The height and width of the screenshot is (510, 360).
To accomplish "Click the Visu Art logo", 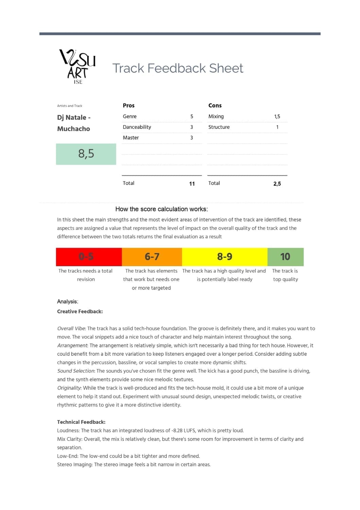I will click(78, 67).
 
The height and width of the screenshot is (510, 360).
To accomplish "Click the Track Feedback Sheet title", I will click(177, 68).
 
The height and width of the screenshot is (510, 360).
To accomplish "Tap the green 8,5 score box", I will click(86, 154).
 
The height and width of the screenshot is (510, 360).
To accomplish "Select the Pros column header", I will click(128, 105).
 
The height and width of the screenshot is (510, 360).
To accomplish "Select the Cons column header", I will click(215, 105).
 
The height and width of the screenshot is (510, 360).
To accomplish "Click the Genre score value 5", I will click(192, 116).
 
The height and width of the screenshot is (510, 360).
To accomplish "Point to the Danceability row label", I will click(137, 127).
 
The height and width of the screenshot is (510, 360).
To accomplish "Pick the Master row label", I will click(131, 138).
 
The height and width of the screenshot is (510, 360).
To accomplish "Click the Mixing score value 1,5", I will click(277, 116).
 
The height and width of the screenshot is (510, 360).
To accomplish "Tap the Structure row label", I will click(219, 127).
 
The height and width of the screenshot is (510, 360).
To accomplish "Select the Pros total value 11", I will click(192, 184).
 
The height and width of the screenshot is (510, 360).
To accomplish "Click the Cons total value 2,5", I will click(277, 184).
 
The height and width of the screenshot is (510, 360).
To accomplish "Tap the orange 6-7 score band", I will click(152, 257).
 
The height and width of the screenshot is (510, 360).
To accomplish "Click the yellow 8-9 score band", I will click(225, 257).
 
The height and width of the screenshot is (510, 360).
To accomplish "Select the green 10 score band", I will click(285, 257).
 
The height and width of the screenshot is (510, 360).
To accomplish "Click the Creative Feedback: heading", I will click(80, 311).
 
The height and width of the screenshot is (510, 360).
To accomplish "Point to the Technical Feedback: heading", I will click(81, 422).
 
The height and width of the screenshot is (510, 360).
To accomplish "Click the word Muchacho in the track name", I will click(73, 129).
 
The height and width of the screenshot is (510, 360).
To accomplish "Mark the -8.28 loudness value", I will click(178, 430).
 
